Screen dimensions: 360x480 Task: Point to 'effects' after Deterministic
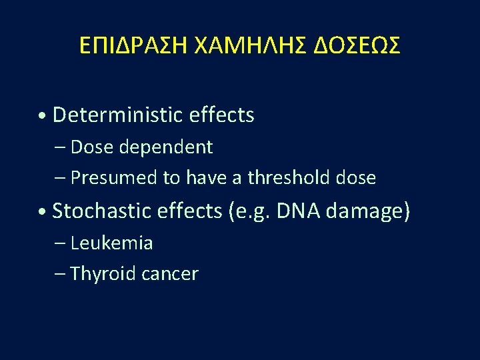(222, 115)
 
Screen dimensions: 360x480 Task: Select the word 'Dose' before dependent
(92, 147)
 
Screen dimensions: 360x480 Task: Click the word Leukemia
(111, 243)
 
